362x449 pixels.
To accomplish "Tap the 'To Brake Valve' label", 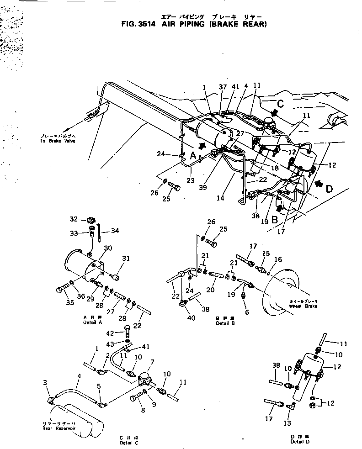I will tap(57, 141).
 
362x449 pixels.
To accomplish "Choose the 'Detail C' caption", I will tap(128, 443).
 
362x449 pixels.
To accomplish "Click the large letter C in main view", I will tap(280, 104).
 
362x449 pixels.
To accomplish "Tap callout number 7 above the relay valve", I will tap(152, 362).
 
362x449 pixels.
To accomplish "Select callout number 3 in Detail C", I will tap(45, 382).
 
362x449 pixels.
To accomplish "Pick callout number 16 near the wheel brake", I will tap(278, 259).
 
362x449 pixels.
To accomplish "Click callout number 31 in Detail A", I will tap(125, 259).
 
